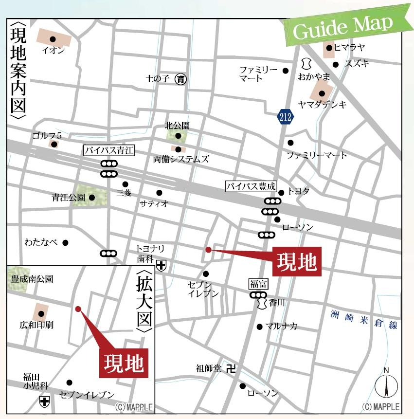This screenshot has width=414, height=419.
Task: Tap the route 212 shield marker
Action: tap(285, 116)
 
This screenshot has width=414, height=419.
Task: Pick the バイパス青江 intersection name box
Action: tap(108, 150)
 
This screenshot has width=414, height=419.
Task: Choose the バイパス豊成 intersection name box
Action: tap(251, 186)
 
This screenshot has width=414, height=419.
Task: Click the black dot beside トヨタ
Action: tap(281, 193)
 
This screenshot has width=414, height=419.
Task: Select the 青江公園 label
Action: tap(68, 198)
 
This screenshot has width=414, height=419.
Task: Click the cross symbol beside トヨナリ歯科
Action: tap(161, 265)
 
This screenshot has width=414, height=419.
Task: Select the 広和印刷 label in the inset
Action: tap(36, 324)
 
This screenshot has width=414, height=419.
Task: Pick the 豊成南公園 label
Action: tap(32, 279)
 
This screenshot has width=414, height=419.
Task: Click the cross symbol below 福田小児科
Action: tap(44, 401)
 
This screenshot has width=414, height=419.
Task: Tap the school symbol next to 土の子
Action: tap(181, 78)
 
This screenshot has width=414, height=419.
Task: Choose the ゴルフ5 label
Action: tap(47, 135)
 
